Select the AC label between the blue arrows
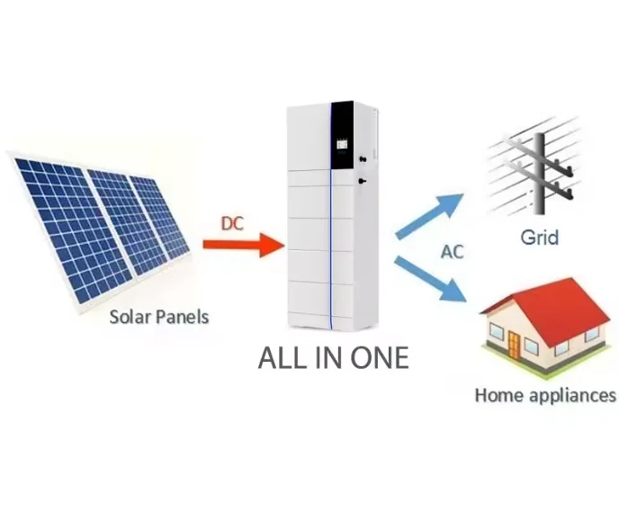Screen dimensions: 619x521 451,251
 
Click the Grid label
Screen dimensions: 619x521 539,238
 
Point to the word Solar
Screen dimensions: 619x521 131,316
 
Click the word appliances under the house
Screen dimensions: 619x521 572,394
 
